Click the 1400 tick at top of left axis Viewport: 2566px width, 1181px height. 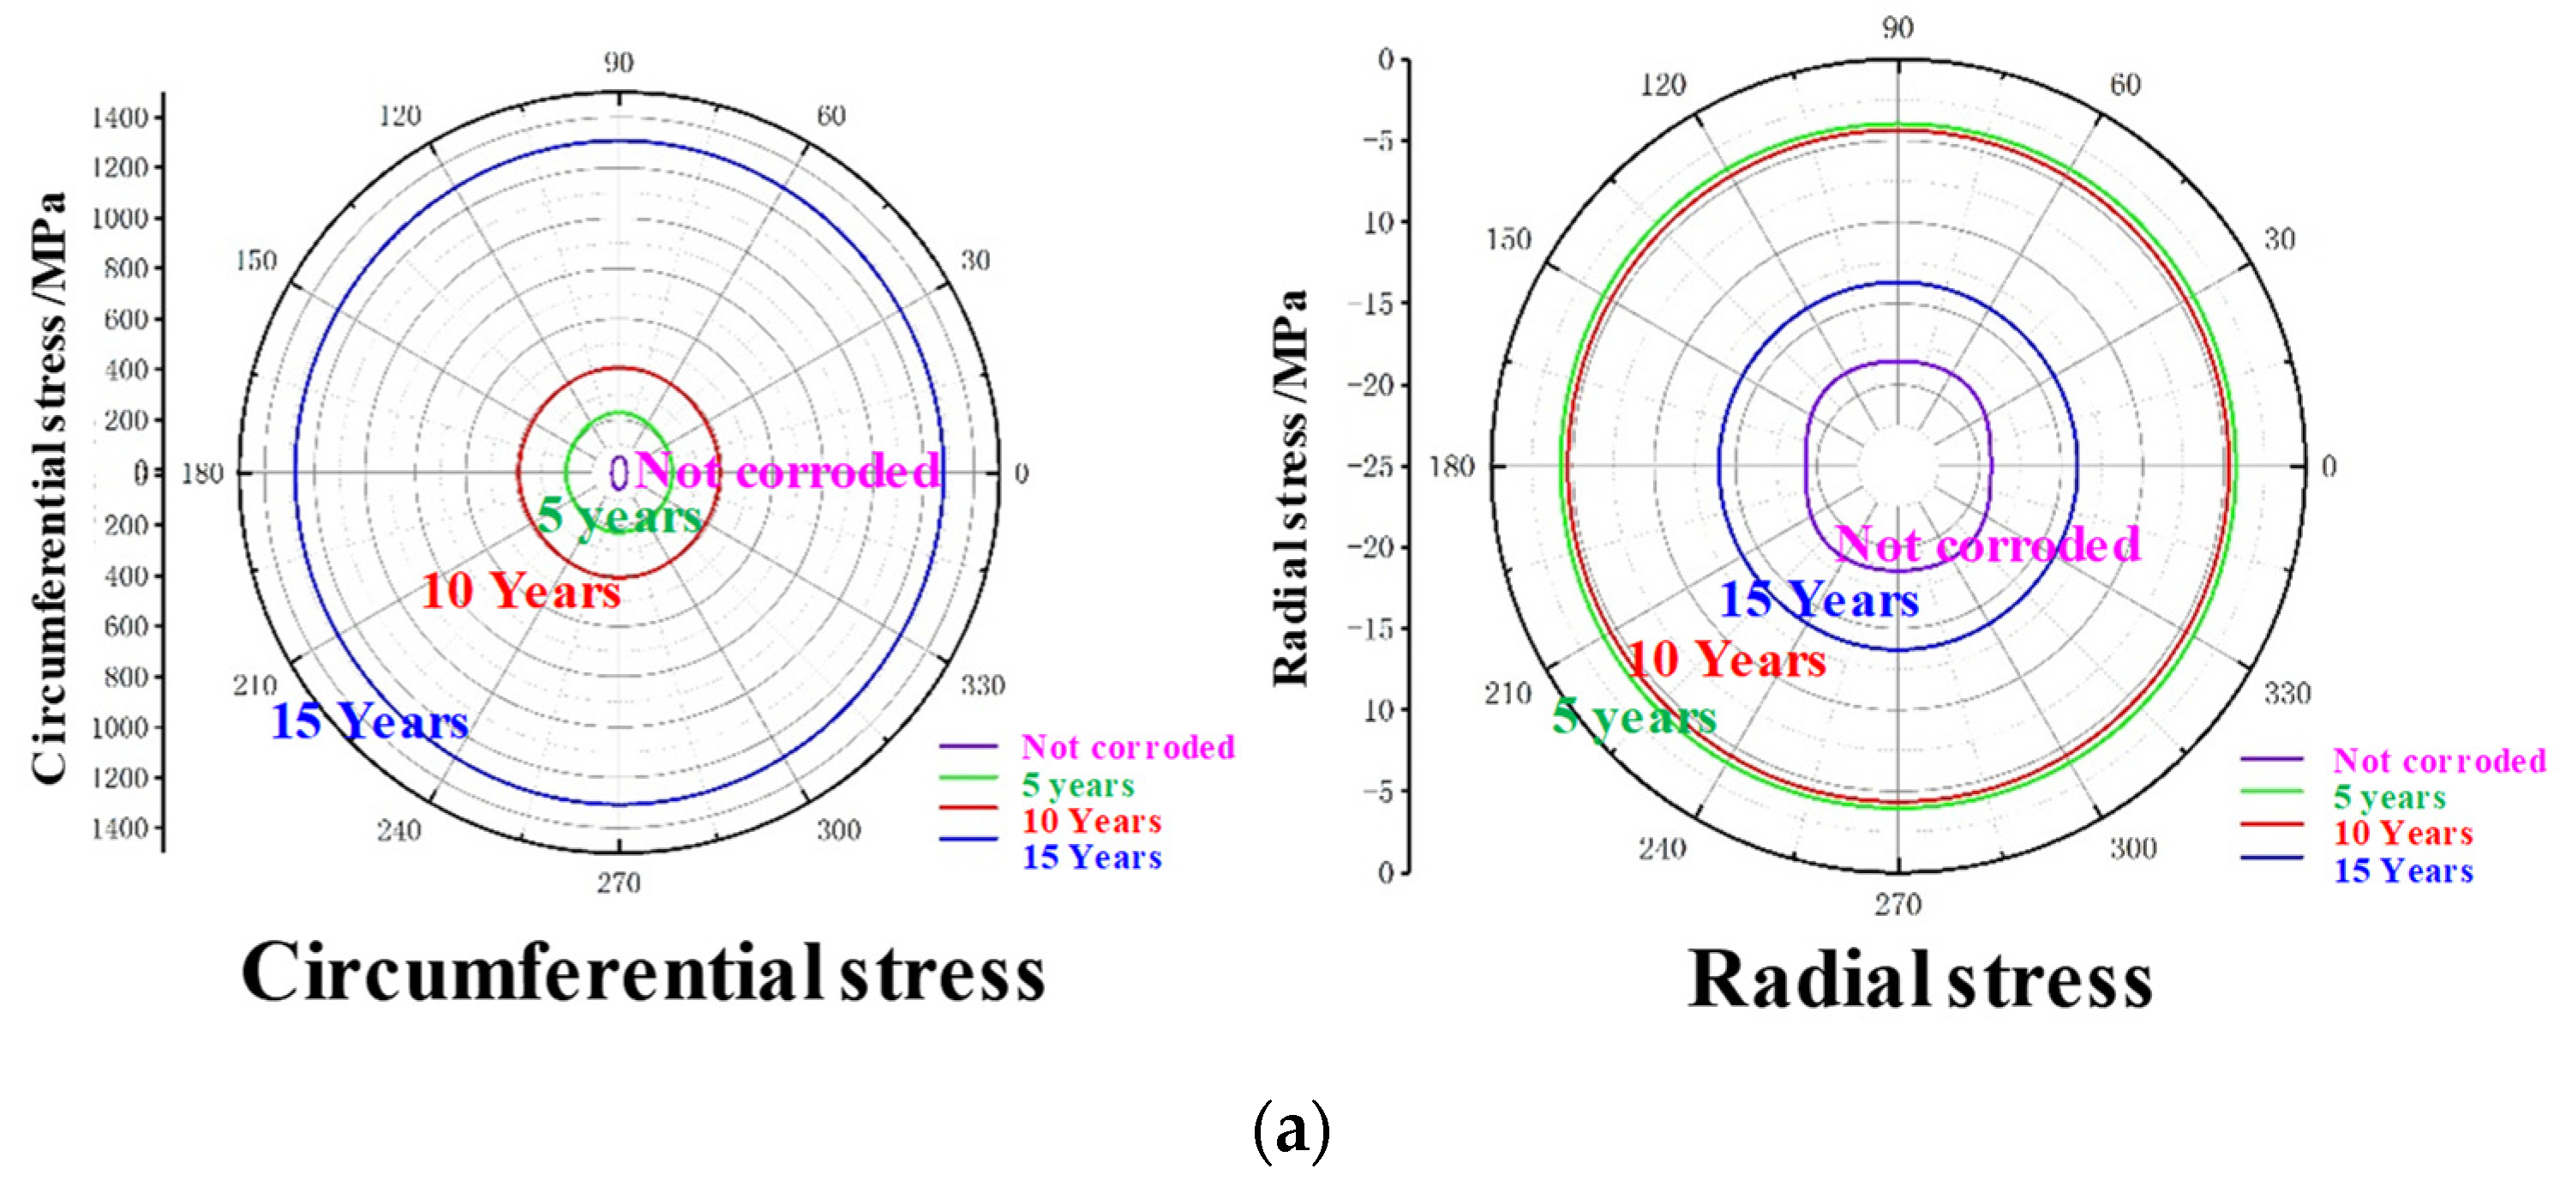[119, 118]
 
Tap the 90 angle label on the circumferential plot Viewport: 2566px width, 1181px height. [618, 63]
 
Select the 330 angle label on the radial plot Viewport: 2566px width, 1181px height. [2287, 693]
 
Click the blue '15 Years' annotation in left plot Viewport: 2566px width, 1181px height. [369, 720]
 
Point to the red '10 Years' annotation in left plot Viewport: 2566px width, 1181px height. [521, 591]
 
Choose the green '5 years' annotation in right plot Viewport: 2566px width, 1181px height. [1634, 715]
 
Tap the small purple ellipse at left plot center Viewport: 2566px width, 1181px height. [619, 473]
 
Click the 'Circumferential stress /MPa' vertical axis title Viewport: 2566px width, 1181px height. [48, 488]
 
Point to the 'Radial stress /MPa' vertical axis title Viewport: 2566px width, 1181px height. [1290, 488]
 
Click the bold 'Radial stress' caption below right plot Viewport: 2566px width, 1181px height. [1920, 980]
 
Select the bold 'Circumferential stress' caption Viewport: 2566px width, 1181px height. [644, 973]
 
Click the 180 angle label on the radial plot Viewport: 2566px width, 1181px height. [1450, 467]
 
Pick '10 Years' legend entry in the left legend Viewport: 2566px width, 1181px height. [1092, 822]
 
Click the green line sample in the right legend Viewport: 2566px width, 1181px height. [2271, 792]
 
